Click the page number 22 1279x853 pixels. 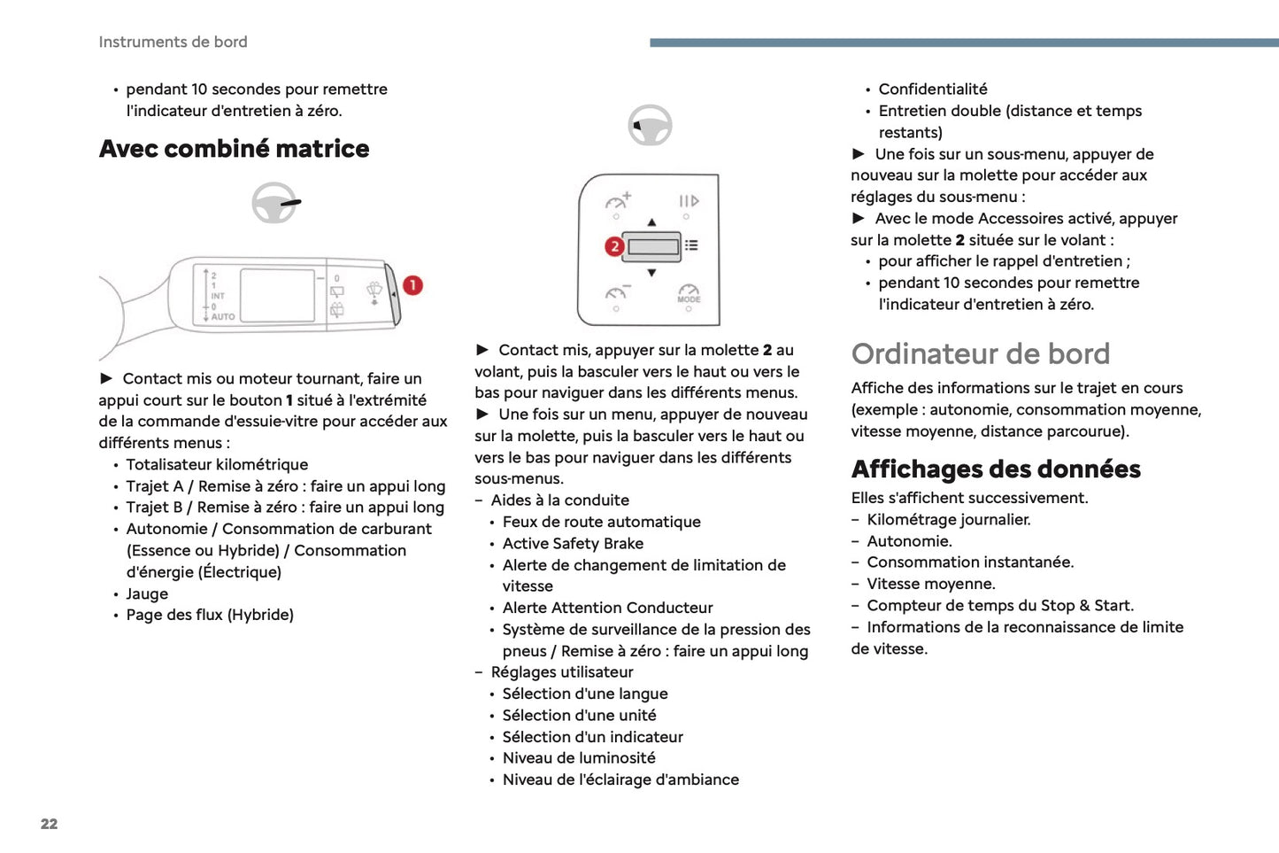[49, 824]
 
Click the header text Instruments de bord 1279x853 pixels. [173, 42]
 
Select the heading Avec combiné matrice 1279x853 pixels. [234, 149]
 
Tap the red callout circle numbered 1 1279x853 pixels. [412, 285]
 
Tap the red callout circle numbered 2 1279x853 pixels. [614, 246]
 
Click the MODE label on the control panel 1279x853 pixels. [689, 299]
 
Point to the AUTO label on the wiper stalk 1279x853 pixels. [223, 316]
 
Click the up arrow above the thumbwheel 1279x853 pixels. [651, 222]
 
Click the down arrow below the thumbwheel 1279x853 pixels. [651, 273]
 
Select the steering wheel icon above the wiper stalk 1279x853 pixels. [274, 203]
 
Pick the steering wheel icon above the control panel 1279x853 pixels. [650, 126]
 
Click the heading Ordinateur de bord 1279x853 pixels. [980, 353]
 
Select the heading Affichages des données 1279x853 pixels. [996, 469]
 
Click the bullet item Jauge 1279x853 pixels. [147, 593]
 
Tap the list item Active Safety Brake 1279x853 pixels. [573, 543]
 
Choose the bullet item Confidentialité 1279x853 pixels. [932, 89]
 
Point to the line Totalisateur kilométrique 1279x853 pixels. [217, 464]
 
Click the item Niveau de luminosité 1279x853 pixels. [579, 757]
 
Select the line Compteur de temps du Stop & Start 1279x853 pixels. [999, 605]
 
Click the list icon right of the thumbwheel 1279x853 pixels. [691, 245]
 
